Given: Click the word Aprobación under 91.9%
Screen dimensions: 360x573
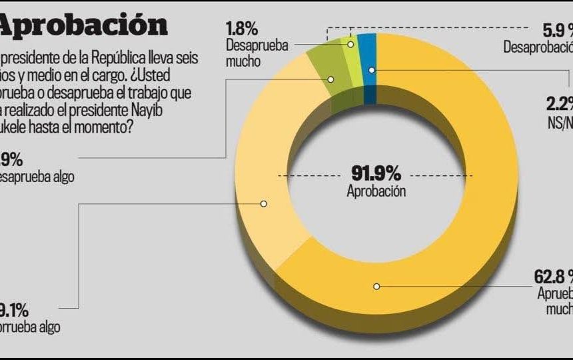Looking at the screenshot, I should click(376, 191).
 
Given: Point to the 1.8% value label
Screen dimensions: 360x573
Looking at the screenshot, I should click(241, 29).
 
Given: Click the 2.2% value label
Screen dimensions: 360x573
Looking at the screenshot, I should click(558, 103).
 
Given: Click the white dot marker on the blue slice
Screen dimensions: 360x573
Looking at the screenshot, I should click(372, 69).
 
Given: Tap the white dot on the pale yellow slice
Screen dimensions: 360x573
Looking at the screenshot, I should click(264, 203).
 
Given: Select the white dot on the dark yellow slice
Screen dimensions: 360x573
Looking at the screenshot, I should click(376, 286).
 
